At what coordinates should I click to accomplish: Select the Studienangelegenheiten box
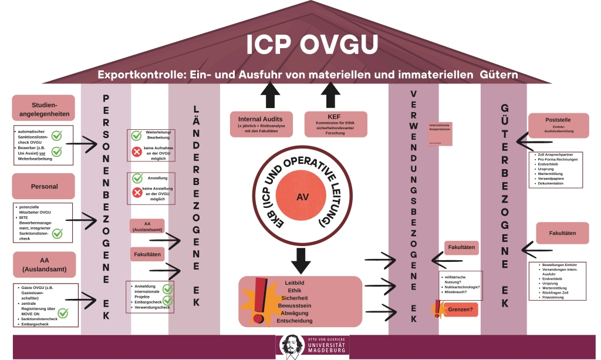43,108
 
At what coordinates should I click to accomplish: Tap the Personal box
43,186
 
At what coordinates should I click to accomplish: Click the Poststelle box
558,125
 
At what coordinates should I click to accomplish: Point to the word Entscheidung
298,321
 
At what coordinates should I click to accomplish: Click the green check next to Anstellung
137,178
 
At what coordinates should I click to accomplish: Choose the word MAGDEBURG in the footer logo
327,352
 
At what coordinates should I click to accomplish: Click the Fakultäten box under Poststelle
562,233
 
